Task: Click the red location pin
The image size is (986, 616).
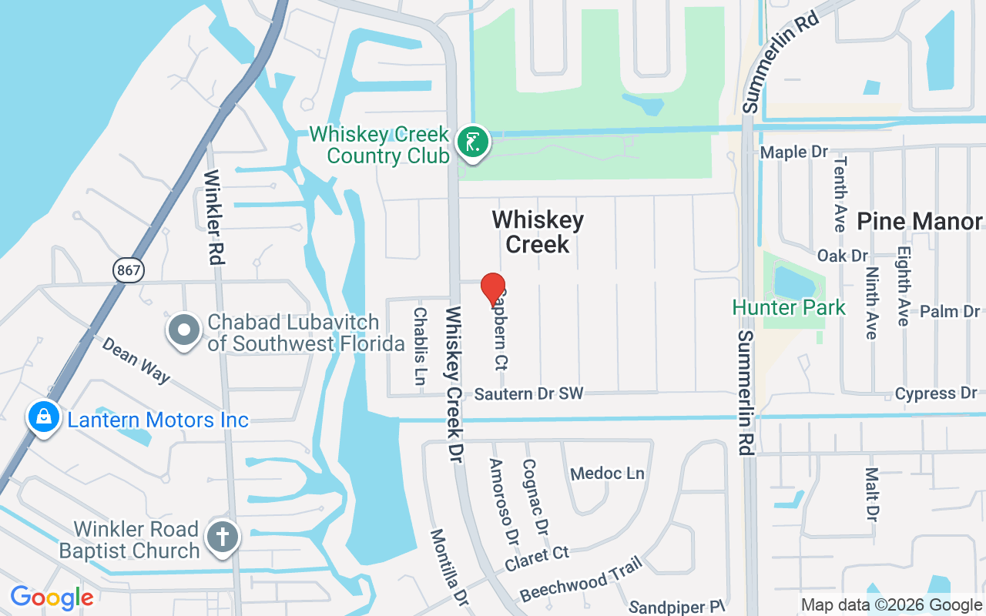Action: (493, 290)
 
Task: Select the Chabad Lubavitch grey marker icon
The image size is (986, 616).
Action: (184, 331)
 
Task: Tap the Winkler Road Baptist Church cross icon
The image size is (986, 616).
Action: (223, 537)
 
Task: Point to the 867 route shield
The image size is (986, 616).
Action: (127, 269)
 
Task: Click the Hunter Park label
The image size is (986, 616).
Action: (789, 307)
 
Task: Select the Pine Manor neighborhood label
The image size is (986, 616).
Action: (920, 222)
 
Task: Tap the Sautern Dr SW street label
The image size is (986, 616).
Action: (528, 394)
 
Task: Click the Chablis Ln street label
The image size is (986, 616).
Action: (420, 346)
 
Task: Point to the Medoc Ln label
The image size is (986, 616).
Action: (607, 473)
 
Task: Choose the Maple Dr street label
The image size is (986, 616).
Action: (794, 152)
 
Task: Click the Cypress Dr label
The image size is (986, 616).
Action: (936, 393)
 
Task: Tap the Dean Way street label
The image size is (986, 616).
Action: (136, 360)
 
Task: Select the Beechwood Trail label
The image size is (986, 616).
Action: (581, 579)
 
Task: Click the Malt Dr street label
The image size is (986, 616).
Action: (871, 493)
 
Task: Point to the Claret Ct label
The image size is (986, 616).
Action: (537, 560)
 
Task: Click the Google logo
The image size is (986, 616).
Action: (52, 598)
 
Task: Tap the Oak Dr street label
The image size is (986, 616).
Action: (843, 255)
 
